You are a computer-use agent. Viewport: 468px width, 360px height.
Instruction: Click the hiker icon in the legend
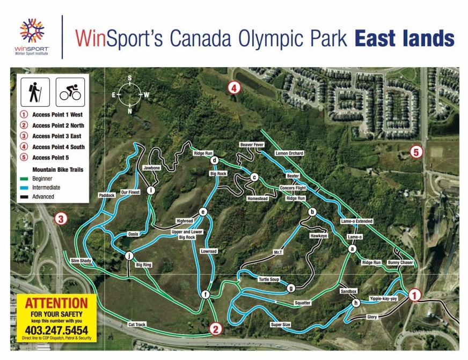pos(35,91)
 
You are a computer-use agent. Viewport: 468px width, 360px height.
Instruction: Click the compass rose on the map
pos(130,94)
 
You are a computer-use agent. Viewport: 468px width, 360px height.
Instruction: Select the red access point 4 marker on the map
pos(233,88)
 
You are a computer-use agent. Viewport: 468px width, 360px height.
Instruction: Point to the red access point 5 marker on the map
pos(415,152)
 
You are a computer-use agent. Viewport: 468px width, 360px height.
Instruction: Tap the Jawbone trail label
pos(152,168)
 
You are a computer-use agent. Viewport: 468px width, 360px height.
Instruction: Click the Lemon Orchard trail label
pos(289,153)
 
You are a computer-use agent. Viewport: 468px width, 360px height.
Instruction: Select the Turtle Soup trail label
pos(269,280)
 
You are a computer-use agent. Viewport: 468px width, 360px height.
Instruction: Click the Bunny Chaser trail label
pos(400,262)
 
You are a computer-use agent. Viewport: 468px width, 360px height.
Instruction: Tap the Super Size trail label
pos(280,325)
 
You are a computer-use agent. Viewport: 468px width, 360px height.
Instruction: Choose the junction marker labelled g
pos(291,288)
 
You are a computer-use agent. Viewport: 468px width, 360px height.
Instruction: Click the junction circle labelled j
pos(129,256)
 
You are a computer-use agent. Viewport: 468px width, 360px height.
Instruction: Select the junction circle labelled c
pos(254,177)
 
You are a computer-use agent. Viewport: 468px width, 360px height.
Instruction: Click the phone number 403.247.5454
pos(56,329)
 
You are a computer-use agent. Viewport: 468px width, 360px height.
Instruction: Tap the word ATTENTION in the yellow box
pos(56,303)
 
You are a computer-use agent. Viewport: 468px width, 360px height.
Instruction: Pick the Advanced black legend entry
pos(43,196)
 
